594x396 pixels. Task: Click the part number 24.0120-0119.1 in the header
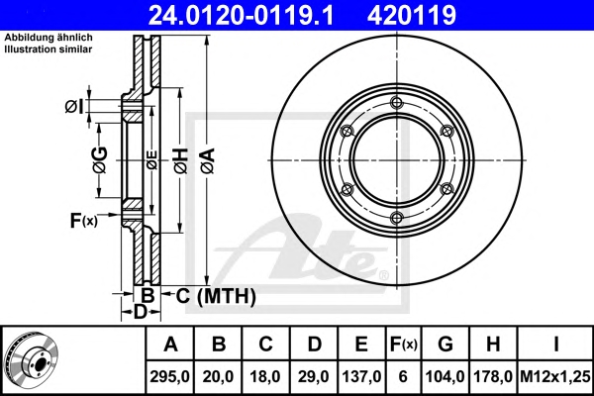(241, 15)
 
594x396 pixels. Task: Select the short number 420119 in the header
(412, 15)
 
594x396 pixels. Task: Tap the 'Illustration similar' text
(49, 49)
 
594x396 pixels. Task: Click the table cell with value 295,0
(169, 376)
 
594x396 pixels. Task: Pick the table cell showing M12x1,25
(555, 376)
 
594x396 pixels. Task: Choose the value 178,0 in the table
(493, 376)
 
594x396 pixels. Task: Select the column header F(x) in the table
(404, 345)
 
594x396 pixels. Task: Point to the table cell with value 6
(403, 376)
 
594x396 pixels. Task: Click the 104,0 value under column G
(445, 376)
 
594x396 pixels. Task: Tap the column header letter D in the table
(314, 345)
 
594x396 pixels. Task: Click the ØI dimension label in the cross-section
(73, 107)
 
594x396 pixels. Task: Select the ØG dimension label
(101, 160)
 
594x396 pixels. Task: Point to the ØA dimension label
(208, 160)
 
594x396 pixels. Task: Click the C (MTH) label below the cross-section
(216, 296)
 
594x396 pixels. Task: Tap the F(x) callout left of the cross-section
(84, 220)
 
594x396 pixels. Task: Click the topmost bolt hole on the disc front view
(396, 102)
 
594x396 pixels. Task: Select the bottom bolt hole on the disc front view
(396, 218)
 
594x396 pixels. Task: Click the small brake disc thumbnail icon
(33, 360)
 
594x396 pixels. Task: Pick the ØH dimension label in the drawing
(181, 160)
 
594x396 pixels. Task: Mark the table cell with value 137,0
(361, 376)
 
